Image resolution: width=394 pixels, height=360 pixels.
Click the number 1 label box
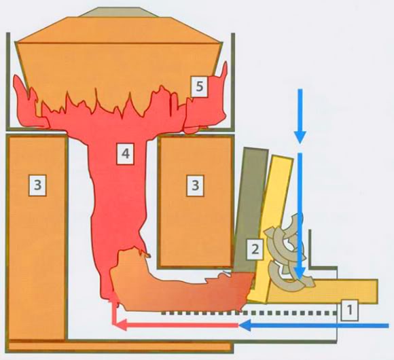350,310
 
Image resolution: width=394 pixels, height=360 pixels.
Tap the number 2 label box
255,249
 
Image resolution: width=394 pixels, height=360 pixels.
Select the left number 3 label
37,185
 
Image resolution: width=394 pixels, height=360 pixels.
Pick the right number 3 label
195,185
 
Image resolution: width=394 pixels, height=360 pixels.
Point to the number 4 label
126,154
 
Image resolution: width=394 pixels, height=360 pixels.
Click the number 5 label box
199,87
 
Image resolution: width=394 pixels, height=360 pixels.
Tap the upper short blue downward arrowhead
300,137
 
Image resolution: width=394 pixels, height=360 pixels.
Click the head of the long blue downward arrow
300,273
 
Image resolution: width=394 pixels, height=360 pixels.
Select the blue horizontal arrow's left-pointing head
245,325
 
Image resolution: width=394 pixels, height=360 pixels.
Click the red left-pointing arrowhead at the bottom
120,325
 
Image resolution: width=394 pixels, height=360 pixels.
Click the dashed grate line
249,313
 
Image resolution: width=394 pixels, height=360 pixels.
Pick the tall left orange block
37,238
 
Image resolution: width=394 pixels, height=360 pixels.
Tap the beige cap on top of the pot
118,12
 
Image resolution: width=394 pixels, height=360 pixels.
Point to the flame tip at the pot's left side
16,77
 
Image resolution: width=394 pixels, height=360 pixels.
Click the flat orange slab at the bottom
120,346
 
